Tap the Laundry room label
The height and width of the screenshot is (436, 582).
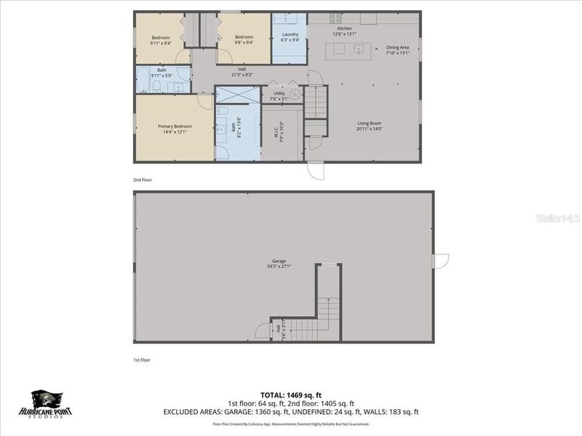[290, 36]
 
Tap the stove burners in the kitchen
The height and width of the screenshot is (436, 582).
[336, 18]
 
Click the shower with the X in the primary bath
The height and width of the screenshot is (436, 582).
[238, 94]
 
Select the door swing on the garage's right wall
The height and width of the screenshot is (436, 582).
[441, 261]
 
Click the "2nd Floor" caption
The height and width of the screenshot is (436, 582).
[143, 179]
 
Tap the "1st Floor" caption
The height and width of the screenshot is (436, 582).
[143, 359]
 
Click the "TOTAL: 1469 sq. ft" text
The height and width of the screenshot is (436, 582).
[291, 396]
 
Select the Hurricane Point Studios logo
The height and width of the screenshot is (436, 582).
[51, 403]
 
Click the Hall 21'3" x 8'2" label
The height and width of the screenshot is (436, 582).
[242, 71]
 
